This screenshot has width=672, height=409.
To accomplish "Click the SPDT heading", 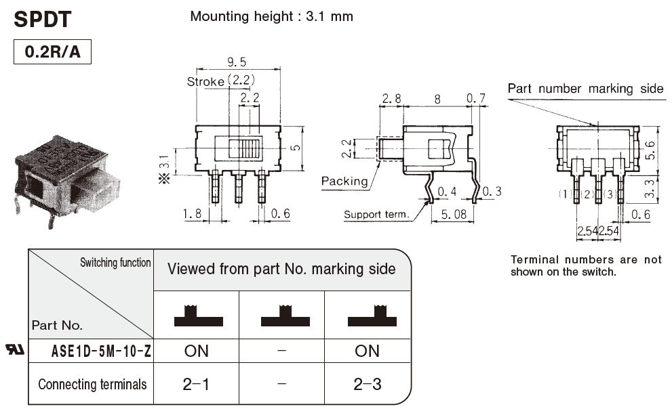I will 42,19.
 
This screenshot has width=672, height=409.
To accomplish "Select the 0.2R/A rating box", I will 52,52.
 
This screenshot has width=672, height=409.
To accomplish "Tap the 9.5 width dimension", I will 237,62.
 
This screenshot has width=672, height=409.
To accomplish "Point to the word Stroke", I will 205,82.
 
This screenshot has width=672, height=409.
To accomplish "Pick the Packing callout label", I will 344,181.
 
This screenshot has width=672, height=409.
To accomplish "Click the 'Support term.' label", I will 376,215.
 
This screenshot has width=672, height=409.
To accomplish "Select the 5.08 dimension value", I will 455,214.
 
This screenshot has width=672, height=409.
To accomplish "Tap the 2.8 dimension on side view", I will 391,99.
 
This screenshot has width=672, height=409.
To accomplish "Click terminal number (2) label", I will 588,195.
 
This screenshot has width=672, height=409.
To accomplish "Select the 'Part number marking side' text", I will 585,89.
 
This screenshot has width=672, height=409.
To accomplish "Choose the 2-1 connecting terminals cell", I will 196,385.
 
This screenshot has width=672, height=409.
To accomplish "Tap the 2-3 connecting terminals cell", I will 367,385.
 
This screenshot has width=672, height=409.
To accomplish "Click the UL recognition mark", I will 14,349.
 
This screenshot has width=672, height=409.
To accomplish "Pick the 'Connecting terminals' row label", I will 92,385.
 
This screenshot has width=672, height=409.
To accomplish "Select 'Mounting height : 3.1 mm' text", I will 271,16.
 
